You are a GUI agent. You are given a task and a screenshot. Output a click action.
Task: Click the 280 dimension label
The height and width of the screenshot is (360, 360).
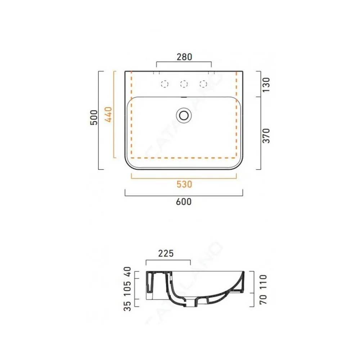coord(184,57)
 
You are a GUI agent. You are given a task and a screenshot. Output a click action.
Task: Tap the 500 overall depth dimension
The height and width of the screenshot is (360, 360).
coord(94,117)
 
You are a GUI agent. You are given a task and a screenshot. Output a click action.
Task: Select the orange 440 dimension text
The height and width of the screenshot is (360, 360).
coord(108,114)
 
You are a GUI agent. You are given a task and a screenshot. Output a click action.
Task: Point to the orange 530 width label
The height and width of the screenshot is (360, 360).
coord(184,184)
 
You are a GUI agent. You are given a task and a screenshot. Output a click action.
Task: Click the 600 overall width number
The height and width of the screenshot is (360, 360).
coord(184,202)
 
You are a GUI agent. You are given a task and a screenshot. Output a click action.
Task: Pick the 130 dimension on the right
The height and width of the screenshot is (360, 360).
coord(266,85)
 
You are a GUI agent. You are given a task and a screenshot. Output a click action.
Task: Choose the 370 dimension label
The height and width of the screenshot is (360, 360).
coord(266,136)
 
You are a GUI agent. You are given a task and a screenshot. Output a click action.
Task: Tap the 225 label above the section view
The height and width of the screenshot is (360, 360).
coord(166,253)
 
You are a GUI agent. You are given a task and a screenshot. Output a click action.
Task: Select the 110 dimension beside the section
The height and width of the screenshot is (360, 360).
coord(263,282)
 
